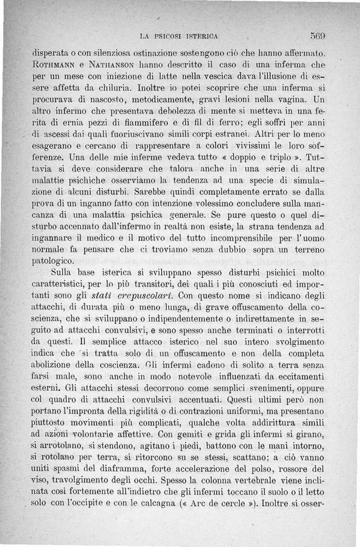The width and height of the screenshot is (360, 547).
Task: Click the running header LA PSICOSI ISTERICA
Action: [179, 36]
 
